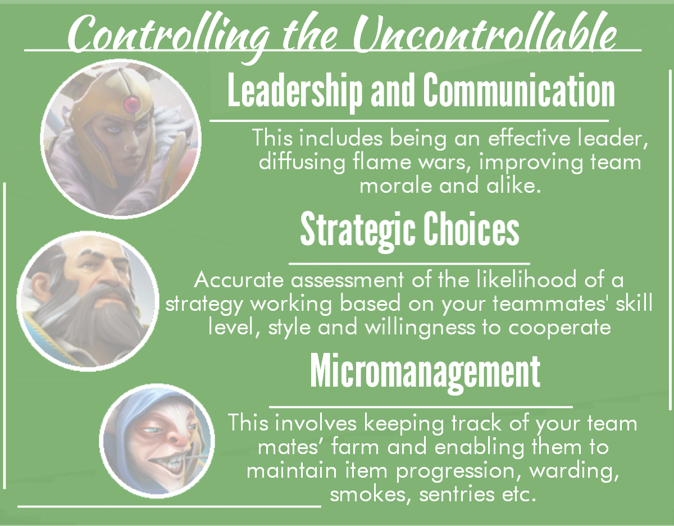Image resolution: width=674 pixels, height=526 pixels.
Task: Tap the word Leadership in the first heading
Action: click(295, 90)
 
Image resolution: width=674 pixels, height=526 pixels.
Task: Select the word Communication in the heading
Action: click(519, 90)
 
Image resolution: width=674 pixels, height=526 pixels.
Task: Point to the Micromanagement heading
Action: click(425, 373)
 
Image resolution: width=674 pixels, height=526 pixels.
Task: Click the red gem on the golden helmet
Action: click(131, 104)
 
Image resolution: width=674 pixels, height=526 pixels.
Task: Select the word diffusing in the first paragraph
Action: click(302, 162)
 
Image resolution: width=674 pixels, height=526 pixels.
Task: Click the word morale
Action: click(395, 186)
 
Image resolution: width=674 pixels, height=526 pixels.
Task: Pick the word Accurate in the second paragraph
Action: click(239, 280)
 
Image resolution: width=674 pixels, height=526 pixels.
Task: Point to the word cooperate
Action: click(559, 328)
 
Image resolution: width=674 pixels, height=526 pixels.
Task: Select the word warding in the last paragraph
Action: click(574, 471)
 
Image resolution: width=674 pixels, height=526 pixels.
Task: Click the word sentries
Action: click(457, 495)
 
